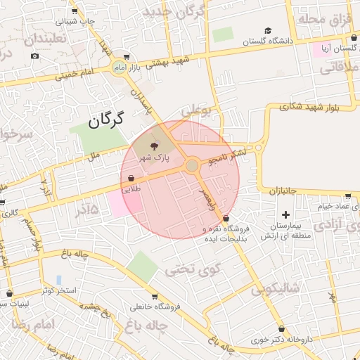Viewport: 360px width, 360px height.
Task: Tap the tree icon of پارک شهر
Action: click(153, 146)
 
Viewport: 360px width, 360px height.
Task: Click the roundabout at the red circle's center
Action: click(191, 166)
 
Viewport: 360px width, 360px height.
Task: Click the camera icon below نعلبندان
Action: click(35, 56)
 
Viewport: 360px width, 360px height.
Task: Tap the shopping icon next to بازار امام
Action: click(126, 58)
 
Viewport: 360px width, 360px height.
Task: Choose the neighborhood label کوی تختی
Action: click(193, 268)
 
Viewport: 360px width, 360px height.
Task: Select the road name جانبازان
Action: click(283, 191)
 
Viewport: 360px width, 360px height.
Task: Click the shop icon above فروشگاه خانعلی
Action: click(155, 296)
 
